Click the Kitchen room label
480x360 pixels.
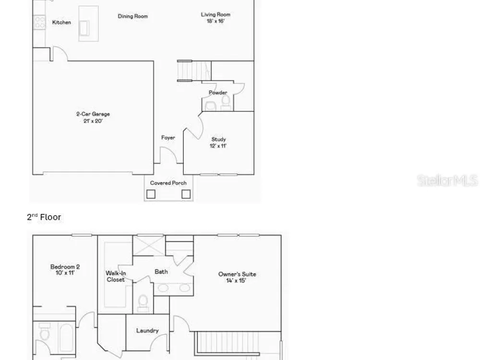(x=61, y=23)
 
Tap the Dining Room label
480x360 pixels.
(x=133, y=16)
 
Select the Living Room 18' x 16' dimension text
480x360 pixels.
(x=216, y=21)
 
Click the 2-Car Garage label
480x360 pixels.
(x=93, y=114)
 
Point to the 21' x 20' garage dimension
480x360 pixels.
(x=93, y=121)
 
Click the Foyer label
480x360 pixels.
(x=168, y=138)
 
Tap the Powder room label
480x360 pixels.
(x=218, y=93)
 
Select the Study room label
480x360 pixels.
(x=218, y=139)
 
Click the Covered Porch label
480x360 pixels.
(x=168, y=183)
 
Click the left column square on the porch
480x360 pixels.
(x=151, y=194)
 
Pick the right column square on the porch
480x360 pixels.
(x=186, y=194)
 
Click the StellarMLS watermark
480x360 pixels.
(x=447, y=180)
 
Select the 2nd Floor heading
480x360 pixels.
(x=44, y=217)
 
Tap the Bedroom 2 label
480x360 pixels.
(x=65, y=266)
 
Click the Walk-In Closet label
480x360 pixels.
(x=116, y=276)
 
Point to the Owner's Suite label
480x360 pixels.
(x=237, y=274)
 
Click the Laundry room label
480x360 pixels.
(x=147, y=331)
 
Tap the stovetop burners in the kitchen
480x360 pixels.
(x=39, y=23)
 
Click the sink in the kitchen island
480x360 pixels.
(x=84, y=28)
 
